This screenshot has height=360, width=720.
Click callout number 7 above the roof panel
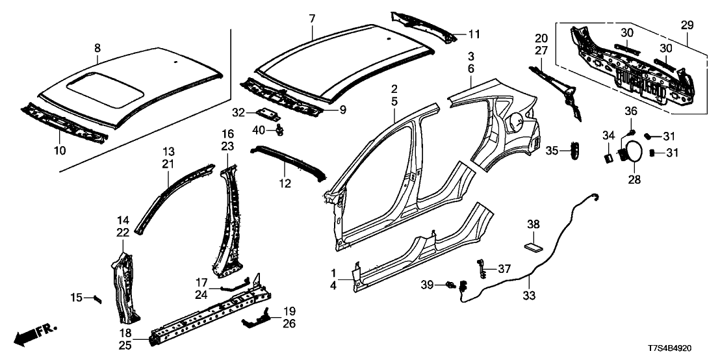312,17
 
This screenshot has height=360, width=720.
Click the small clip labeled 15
97,298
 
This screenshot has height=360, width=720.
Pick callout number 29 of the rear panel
686,25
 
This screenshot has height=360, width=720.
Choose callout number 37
504,268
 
